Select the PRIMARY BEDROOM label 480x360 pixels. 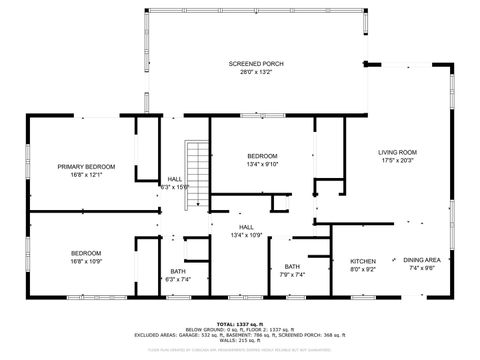coord(86,166)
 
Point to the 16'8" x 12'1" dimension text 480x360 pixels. coord(86,175)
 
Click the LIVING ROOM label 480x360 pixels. coord(397,152)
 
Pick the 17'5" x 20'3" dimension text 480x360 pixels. coord(397,161)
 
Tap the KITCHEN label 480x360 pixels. coord(362,260)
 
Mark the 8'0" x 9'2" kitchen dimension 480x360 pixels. coord(362,268)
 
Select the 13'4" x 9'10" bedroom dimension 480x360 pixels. coord(262,165)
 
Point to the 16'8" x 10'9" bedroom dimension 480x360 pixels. coord(86,262)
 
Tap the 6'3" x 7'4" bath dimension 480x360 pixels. coord(177,279)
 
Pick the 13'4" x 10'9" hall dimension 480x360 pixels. coord(246,235)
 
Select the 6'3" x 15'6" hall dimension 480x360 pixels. coord(175,187)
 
